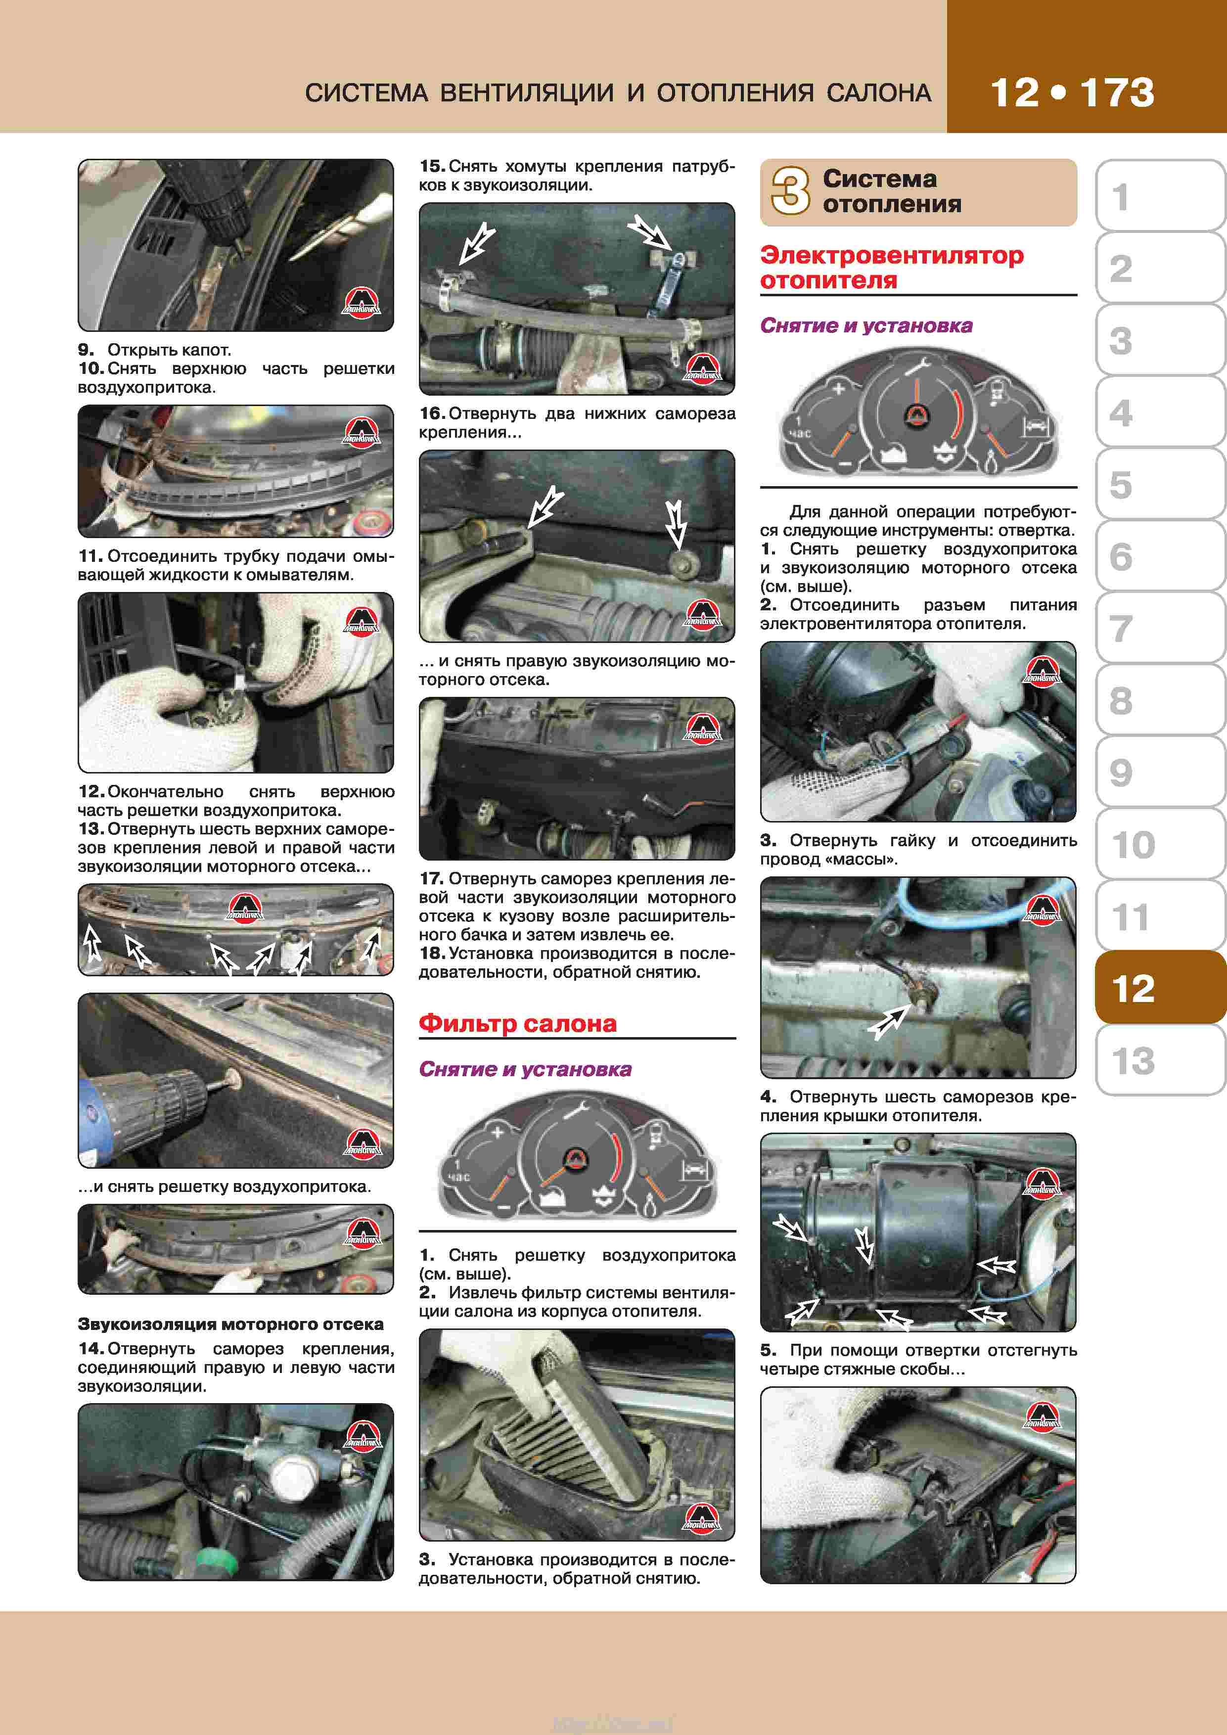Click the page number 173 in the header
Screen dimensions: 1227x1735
click(x=1117, y=93)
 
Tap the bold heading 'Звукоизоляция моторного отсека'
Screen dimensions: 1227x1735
click(x=230, y=1324)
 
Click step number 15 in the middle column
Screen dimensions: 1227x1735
click(x=432, y=166)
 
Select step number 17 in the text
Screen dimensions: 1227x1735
click(x=431, y=879)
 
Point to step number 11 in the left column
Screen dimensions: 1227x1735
click(x=90, y=556)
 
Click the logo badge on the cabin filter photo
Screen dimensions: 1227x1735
click(x=701, y=1516)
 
